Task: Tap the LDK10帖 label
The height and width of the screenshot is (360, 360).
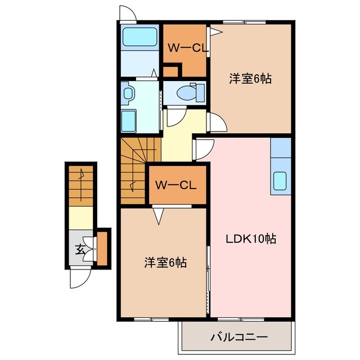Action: pyautogui.click(x=251, y=238)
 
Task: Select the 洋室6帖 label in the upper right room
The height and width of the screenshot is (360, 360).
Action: pyautogui.click(x=250, y=79)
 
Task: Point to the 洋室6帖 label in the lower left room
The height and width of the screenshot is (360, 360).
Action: pyautogui.click(x=166, y=262)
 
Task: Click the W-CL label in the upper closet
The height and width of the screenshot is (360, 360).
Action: pyautogui.click(x=186, y=48)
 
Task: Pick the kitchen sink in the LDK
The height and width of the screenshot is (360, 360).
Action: pyautogui.click(x=280, y=182)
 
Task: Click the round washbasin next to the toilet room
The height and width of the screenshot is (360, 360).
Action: pyautogui.click(x=127, y=92)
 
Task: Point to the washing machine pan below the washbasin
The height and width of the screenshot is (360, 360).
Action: pyautogui.click(x=129, y=120)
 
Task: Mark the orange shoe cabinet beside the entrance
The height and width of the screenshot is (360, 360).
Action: pyautogui.click(x=102, y=247)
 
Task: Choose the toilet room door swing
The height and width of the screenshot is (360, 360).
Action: pyautogui.click(x=175, y=116)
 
